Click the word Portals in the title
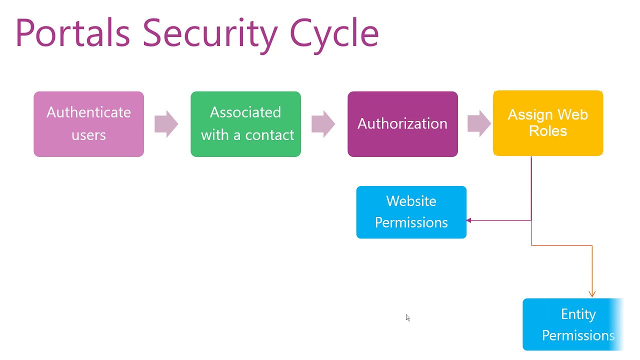(x=72, y=32)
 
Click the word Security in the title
(x=209, y=32)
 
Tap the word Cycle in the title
(x=334, y=32)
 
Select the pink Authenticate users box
(x=88, y=124)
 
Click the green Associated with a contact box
(x=245, y=124)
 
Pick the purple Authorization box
(x=402, y=124)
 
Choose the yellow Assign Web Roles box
(x=548, y=123)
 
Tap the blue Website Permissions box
(x=411, y=212)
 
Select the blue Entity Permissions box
(x=572, y=324)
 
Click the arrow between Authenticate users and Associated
(x=166, y=124)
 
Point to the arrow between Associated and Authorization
(x=323, y=124)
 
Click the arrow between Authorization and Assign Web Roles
(x=479, y=124)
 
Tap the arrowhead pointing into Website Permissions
(x=469, y=220)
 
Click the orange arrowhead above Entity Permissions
(x=592, y=294)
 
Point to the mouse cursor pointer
(x=407, y=317)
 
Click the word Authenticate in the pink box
(x=88, y=112)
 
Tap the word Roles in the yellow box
(x=548, y=131)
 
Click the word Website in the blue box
(x=411, y=201)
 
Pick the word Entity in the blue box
(x=578, y=314)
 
